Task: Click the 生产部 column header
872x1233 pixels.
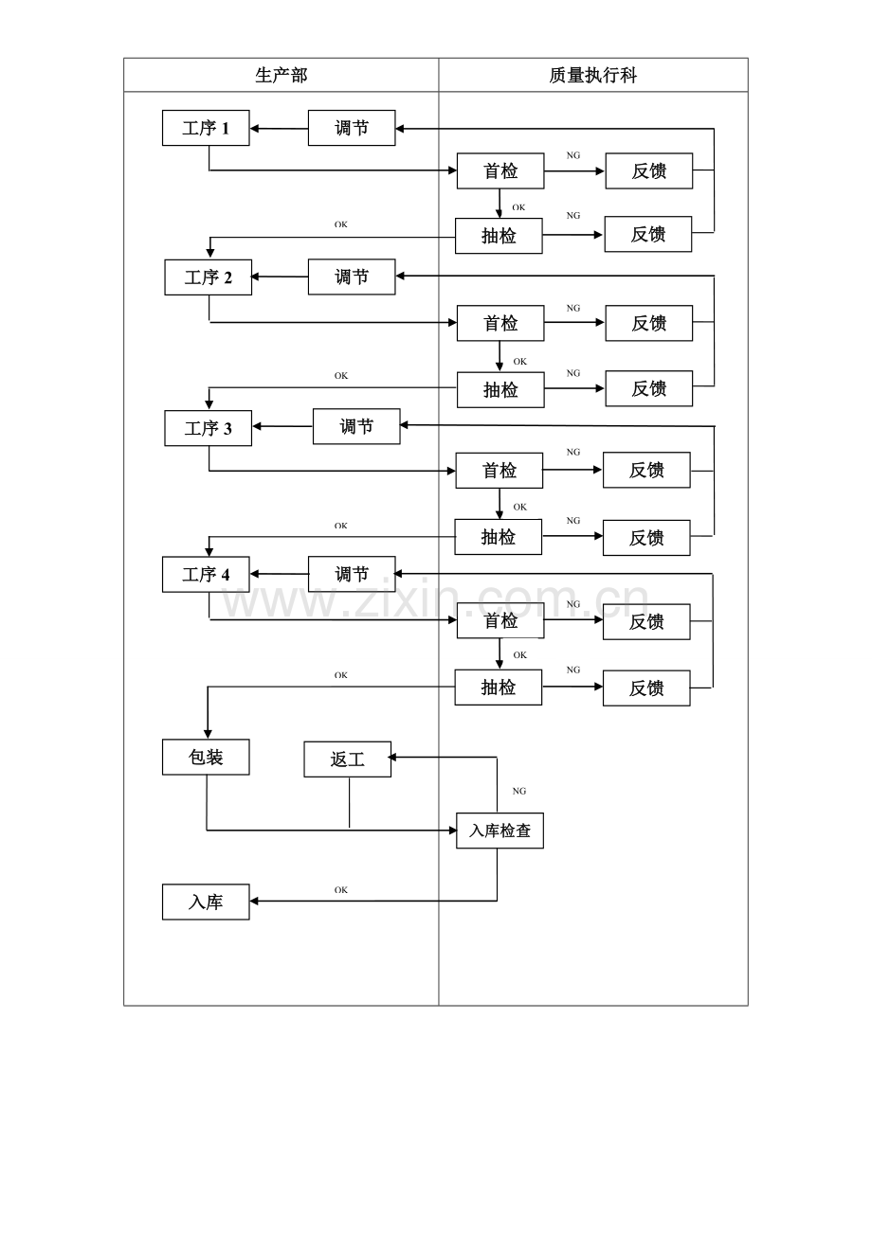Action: click(281, 75)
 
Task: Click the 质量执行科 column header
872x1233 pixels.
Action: click(592, 75)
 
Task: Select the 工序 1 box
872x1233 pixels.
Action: click(206, 128)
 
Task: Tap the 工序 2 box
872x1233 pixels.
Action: click(208, 277)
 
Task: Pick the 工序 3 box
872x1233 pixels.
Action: click(208, 428)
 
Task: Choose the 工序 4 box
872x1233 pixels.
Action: click(206, 574)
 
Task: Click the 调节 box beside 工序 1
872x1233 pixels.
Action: click(352, 128)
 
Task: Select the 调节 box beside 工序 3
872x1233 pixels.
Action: click(356, 426)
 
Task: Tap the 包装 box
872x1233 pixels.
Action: click(206, 757)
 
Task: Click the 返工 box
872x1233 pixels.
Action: click(348, 759)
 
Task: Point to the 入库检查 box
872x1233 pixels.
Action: click(500, 831)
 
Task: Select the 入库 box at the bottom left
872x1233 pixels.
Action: click(206, 902)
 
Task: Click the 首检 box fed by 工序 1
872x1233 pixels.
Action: click(500, 170)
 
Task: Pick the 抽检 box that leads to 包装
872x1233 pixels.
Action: click(498, 687)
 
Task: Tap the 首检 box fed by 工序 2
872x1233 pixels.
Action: click(500, 323)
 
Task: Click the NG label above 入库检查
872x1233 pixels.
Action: click(518, 791)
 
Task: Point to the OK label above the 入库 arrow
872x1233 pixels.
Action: click(341, 890)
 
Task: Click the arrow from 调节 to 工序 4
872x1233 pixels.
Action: click(280, 574)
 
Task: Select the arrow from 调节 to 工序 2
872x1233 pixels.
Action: click(280, 277)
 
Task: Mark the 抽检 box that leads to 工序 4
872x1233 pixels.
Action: click(498, 537)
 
